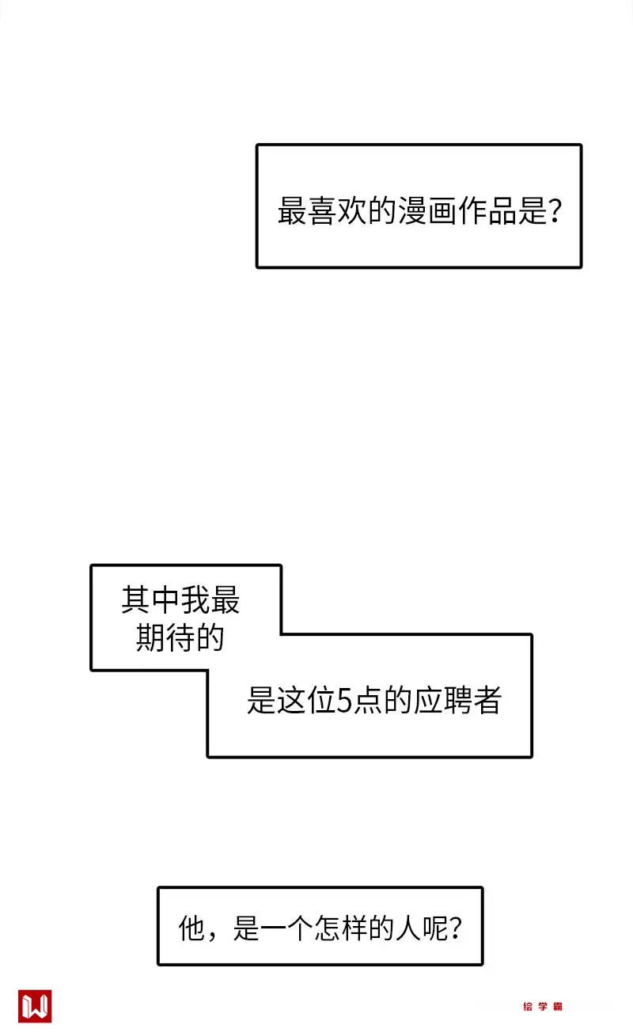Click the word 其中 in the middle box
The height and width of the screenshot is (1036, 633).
(x=150, y=601)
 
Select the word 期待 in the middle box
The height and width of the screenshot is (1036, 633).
(x=165, y=638)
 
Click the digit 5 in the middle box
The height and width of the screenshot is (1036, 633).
(x=344, y=701)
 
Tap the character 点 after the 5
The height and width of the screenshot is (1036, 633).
(x=366, y=701)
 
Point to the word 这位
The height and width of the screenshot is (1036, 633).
(x=306, y=701)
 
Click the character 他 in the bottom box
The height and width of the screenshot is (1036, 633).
(x=194, y=927)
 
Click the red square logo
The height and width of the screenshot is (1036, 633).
(x=35, y=1006)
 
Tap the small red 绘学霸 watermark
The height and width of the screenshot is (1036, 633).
(x=543, y=1007)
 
